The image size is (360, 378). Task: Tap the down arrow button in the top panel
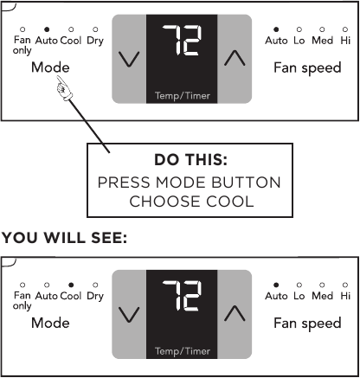click(x=129, y=59)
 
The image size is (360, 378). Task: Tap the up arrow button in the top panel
click(x=234, y=59)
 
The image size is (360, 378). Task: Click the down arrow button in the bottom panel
click(x=129, y=315)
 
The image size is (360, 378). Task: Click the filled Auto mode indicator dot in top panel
click(x=46, y=29)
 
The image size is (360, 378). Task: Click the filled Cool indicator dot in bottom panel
click(x=71, y=285)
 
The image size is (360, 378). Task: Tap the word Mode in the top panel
click(x=50, y=67)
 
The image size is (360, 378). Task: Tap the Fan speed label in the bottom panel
click(x=307, y=324)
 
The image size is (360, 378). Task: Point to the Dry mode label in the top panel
click(x=94, y=41)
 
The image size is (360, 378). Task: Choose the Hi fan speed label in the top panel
click(x=346, y=41)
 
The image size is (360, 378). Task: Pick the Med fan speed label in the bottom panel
click(x=322, y=296)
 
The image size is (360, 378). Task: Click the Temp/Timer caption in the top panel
click(x=181, y=94)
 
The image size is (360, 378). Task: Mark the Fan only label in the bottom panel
click(x=22, y=300)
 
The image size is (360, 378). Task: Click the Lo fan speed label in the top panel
click(x=299, y=41)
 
